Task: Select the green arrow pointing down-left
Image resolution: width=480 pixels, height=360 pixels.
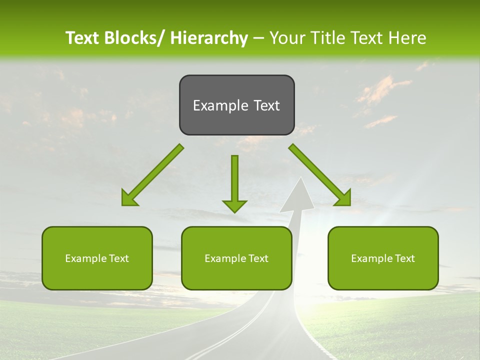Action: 152,175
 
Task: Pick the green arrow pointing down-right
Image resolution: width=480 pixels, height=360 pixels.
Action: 320,175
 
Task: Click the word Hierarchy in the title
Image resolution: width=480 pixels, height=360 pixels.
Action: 209,38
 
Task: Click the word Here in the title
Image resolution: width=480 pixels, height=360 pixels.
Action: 407,38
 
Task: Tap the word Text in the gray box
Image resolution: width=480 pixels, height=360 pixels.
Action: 266,105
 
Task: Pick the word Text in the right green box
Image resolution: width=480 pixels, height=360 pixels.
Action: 404,258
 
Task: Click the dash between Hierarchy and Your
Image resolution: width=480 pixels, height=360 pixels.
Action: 258,38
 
